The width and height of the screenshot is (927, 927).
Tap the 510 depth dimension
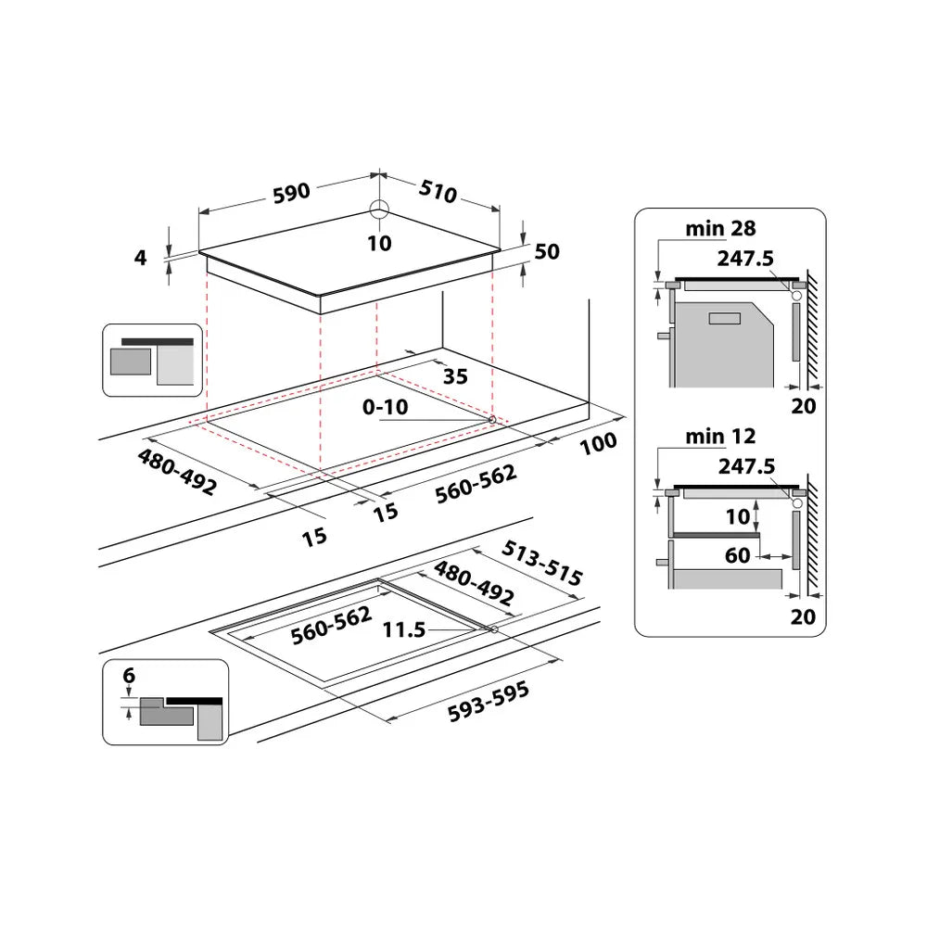(x=438, y=193)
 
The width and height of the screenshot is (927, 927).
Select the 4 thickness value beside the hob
(x=141, y=258)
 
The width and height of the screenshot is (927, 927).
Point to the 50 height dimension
(x=548, y=252)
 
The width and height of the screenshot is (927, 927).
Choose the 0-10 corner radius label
(x=385, y=406)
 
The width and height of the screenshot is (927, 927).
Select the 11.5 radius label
(x=404, y=630)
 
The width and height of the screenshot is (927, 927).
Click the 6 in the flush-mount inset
(x=129, y=677)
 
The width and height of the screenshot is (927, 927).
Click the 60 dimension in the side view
(x=738, y=556)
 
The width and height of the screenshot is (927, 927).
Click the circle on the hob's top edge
(x=379, y=208)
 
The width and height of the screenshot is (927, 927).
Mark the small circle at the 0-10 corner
(x=491, y=420)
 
